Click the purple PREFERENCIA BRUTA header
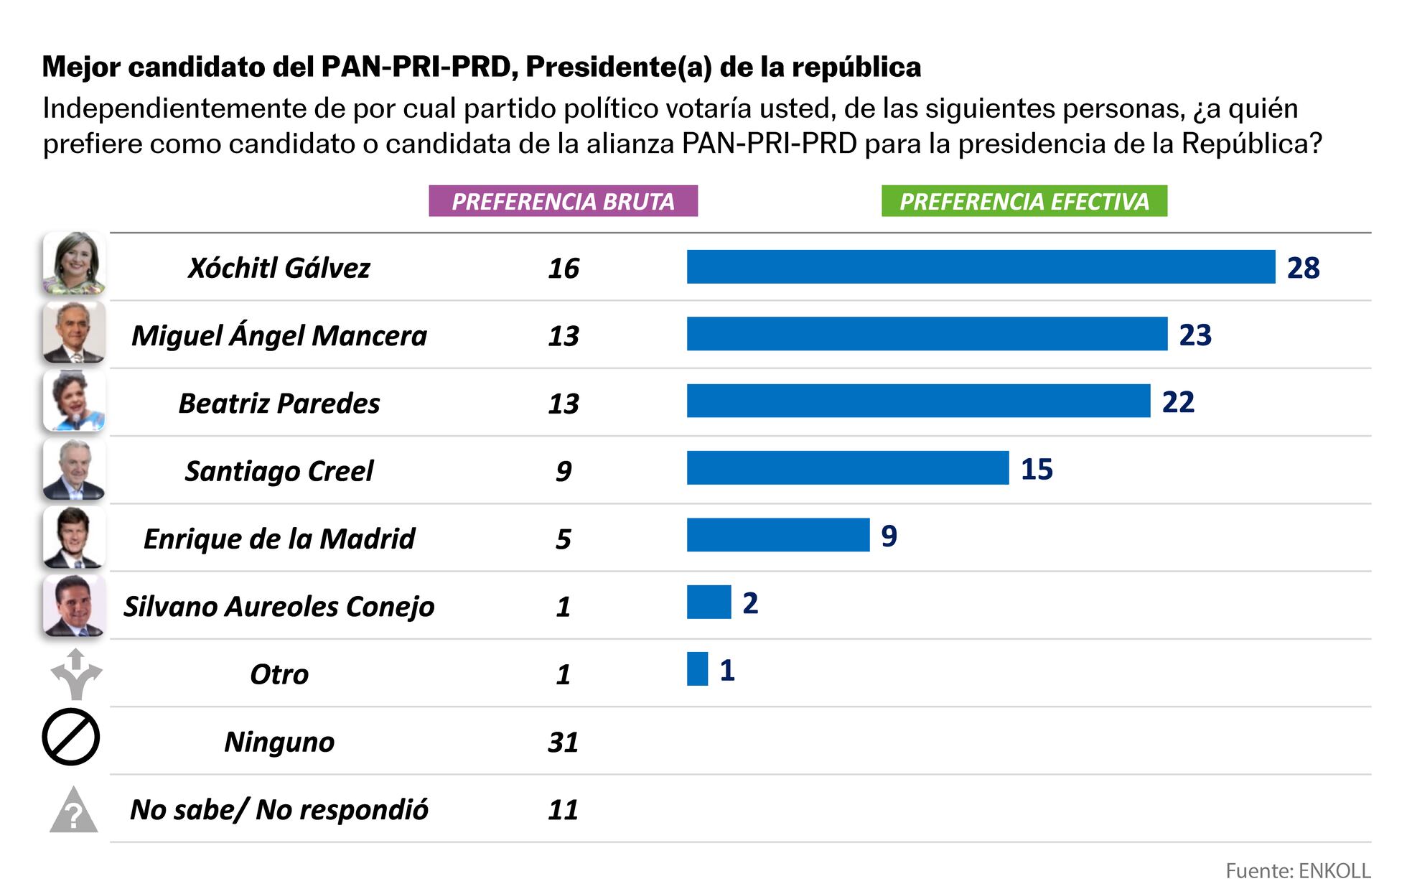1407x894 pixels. click(563, 201)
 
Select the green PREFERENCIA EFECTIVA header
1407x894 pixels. click(1024, 201)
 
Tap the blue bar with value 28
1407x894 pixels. click(981, 267)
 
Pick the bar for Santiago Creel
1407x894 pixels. click(847, 468)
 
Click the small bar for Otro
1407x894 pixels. click(697, 669)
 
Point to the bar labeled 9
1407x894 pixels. click(777, 535)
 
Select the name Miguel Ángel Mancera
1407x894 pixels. click(279, 335)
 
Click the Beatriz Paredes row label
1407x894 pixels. click(279, 403)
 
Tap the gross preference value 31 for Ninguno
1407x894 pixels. click(563, 742)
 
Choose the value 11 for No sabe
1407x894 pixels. click(563, 810)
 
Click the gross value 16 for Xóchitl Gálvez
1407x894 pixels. click(563, 268)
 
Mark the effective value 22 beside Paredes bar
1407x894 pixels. click(1178, 402)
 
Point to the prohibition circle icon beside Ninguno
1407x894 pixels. click(70, 737)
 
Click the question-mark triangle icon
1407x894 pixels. click(73, 811)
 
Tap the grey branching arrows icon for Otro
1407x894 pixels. click(76, 674)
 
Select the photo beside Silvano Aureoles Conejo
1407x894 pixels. click(74, 605)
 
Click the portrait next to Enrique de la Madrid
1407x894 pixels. click(74, 538)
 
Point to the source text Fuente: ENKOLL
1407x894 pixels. click(1297, 871)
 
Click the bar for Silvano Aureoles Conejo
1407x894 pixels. click(709, 602)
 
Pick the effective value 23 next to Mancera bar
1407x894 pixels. click(1195, 335)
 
